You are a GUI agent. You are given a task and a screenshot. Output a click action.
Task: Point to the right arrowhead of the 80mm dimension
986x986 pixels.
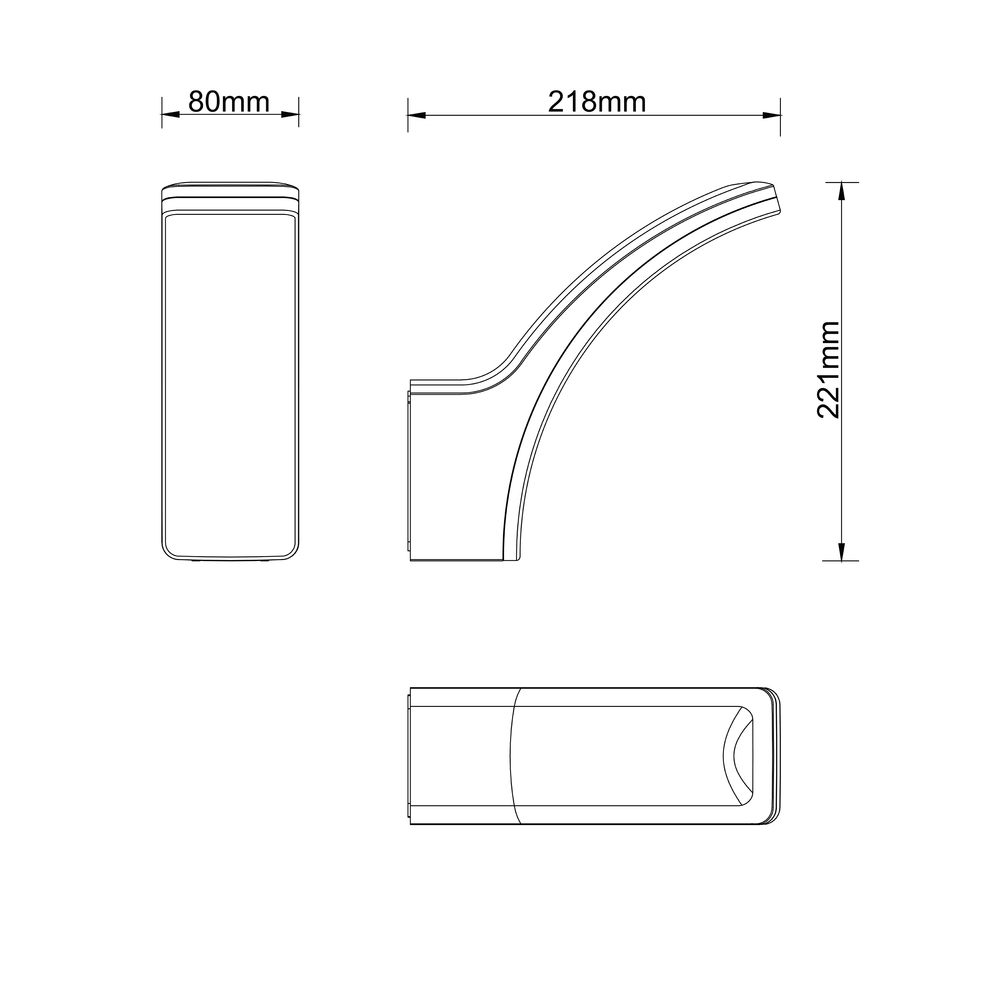tap(290, 114)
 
